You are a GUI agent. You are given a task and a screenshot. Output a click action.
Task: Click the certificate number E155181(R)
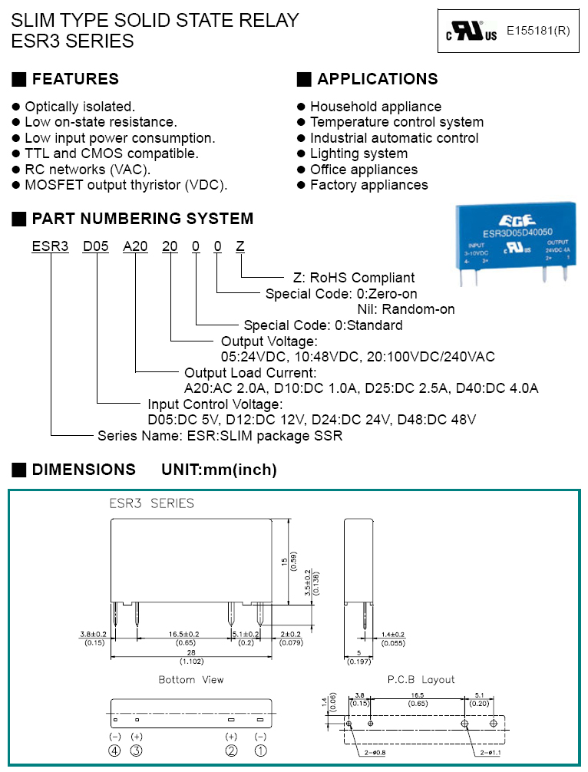[538, 31]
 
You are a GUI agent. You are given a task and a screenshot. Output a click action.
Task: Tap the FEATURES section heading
[75, 79]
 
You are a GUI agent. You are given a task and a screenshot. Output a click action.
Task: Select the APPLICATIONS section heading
[377, 79]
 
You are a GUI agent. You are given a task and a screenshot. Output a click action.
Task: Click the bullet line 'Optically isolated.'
[80, 107]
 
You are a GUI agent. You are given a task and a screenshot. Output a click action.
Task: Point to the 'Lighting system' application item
[358, 153]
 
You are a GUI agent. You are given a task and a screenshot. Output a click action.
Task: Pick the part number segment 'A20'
[135, 246]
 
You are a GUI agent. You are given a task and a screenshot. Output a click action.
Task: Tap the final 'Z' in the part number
[240, 246]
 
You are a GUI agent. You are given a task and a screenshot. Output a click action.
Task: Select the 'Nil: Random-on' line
[406, 309]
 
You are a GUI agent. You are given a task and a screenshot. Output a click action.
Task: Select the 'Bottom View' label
[191, 680]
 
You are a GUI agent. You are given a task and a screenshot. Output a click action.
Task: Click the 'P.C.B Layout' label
[421, 679]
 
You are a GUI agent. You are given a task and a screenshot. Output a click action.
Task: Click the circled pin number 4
[114, 751]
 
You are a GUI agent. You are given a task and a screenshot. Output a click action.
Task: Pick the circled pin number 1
[260, 751]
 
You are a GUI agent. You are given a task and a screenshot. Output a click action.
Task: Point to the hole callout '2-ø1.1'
[493, 754]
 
